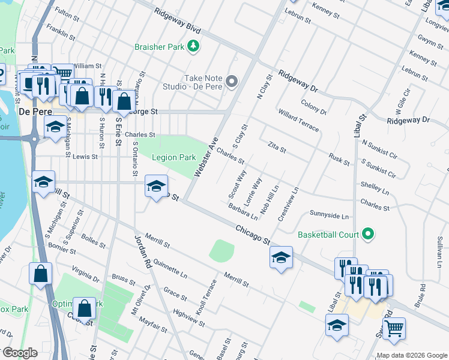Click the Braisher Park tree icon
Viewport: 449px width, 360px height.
193,46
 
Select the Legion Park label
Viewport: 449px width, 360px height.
173,157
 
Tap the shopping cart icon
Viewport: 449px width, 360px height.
394,328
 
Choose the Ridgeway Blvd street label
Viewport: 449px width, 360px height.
176,20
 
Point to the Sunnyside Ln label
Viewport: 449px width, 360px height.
329,215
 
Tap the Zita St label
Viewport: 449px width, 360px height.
277,146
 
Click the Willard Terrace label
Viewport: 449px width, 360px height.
298,121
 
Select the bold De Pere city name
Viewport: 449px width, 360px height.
32,112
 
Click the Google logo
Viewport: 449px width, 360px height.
20,353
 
